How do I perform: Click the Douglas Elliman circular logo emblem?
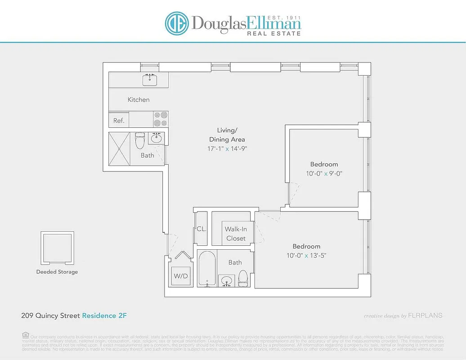coord(177,23)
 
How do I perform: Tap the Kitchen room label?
coord(139,99)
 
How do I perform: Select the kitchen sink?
coord(150,80)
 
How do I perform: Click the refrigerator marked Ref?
coord(119,121)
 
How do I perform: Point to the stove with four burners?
coord(161,119)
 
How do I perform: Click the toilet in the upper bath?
coord(140,141)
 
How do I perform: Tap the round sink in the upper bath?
coord(157,139)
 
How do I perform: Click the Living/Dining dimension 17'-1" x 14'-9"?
coord(227,148)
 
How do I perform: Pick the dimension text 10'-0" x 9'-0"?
coord(324,173)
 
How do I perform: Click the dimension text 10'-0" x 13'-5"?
coord(306,256)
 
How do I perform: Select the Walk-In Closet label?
coord(236,234)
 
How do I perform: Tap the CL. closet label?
coord(202,229)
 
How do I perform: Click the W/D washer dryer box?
coord(181,275)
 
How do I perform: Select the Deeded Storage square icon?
coord(57,248)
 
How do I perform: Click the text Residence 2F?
coord(104,315)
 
